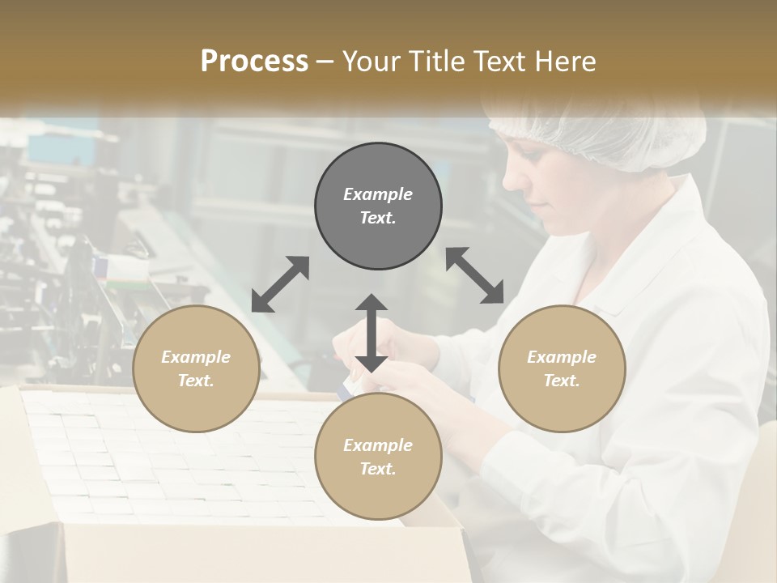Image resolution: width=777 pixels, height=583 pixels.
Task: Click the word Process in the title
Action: click(254, 62)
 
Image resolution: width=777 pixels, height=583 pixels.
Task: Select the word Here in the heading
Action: click(564, 62)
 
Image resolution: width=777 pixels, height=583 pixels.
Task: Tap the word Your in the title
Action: click(370, 62)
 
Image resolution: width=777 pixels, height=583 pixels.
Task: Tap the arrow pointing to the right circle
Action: click(475, 275)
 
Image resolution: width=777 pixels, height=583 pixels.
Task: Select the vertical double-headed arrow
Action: click(372, 333)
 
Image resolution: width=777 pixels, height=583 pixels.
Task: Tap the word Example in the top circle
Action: click(378, 194)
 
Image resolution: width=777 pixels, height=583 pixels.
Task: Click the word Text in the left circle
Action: click(196, 381)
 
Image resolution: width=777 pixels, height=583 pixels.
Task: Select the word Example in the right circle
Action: click(562, 357)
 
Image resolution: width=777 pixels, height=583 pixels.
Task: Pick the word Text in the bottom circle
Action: click(378, 469)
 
